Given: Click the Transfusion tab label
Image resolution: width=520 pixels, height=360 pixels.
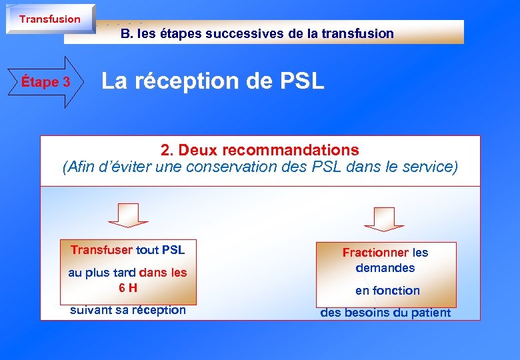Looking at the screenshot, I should pos(49,19).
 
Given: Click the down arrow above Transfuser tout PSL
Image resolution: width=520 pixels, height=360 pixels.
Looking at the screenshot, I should pos(128,215).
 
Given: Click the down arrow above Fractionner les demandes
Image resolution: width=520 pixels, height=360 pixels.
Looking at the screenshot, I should pos(384,219).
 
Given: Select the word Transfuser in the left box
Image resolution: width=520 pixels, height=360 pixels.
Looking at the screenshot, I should pos(101,250).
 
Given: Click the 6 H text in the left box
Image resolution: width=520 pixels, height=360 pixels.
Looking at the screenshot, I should pos(128,288).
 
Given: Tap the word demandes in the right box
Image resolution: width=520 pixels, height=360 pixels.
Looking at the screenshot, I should pos(385,268).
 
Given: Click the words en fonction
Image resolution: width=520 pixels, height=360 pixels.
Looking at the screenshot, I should pos(387,291).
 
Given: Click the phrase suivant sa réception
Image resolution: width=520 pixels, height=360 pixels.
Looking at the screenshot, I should pos(128,310).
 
